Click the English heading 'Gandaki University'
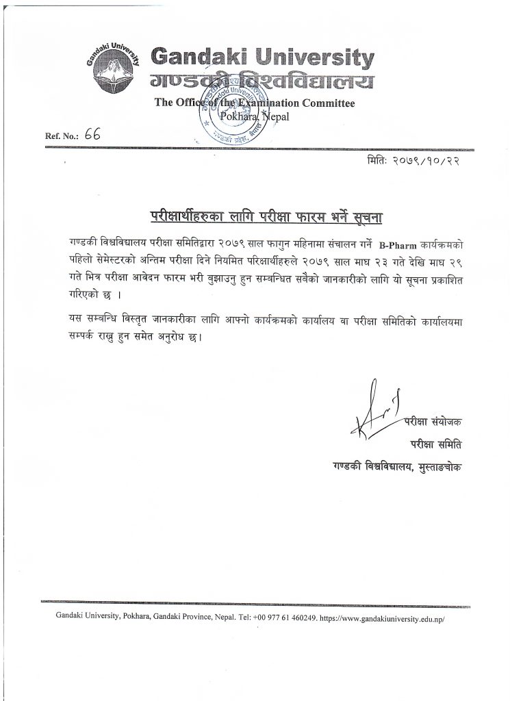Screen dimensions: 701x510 262,57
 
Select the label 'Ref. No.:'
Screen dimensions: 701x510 62,136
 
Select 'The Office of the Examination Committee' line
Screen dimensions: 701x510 255,103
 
